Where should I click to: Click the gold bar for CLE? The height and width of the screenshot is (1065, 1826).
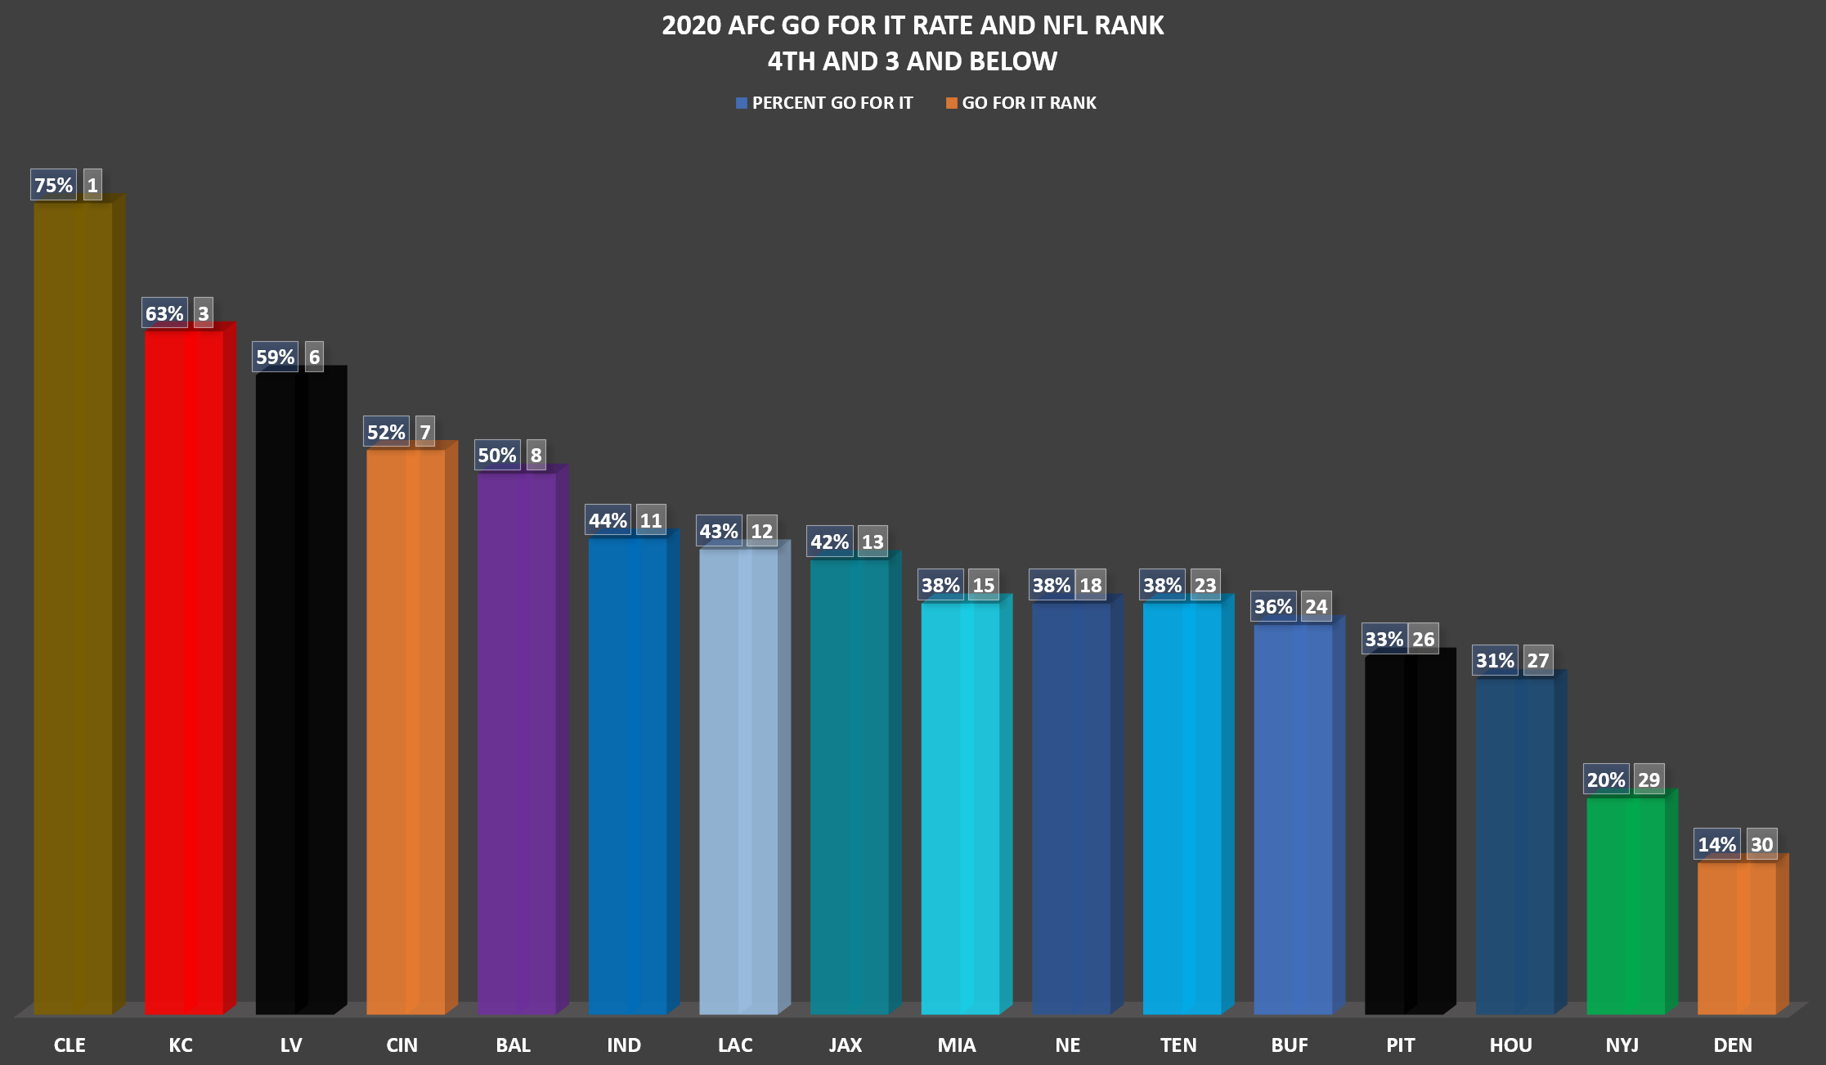pyautogui.click(x=73, y=605)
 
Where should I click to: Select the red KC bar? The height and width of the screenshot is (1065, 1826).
pyautogui.click(x=184, y=671)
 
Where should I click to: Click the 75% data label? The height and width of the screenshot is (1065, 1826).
pyautogui.click(x=53, y=186)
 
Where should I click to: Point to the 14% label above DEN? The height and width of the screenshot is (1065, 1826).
pyautogui.click(x=1716, y=844)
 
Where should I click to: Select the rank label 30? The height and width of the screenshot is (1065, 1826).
pyautogui.click(x=1761, y=844)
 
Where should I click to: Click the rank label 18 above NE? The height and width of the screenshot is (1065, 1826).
pyautogui.click(x=1090, y=585)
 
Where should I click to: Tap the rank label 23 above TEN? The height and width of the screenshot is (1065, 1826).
pyautogui.click(x=1205, y=585)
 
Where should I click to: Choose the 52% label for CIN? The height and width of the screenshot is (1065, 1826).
pyautogui.click(x=386, y=432)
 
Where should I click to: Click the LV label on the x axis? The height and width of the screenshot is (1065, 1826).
pyautogui.click(x=291, y=1045)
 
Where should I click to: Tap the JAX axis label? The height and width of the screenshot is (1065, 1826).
pyautogui.click(x=846, y=1045)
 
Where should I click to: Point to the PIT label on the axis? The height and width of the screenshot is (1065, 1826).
pyautogui.click(x=1400, y=1045)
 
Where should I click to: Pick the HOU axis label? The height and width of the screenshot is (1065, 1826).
pyautogui.click(x=1510, y=1045)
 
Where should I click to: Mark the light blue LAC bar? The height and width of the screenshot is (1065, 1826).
pyautogui.click(x=738, y=777)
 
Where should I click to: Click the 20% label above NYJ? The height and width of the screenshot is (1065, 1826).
pyautogui.click(x=1606, y=780)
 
